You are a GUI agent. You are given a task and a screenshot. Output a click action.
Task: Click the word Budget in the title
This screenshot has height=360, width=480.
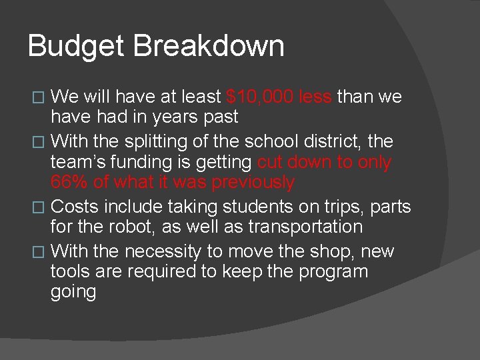pos(76,47)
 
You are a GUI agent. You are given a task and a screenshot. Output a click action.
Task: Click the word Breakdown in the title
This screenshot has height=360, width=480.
pos(209,47)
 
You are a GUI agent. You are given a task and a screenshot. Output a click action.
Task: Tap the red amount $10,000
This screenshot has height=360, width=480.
pos(259,97)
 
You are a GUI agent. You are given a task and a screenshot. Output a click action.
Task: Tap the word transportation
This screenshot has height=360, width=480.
pos(305,226)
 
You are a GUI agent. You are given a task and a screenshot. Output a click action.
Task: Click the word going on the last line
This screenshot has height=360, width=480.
pos(73,293)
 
